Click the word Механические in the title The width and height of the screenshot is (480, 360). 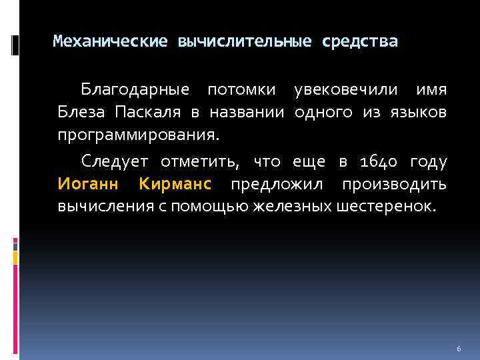click(110, 42)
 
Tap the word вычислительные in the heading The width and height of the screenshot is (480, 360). click(244, 42)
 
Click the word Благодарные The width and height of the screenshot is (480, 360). click(135, 89)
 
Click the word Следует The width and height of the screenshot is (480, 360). click(115, 161)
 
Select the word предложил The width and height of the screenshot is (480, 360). click(284, 183)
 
